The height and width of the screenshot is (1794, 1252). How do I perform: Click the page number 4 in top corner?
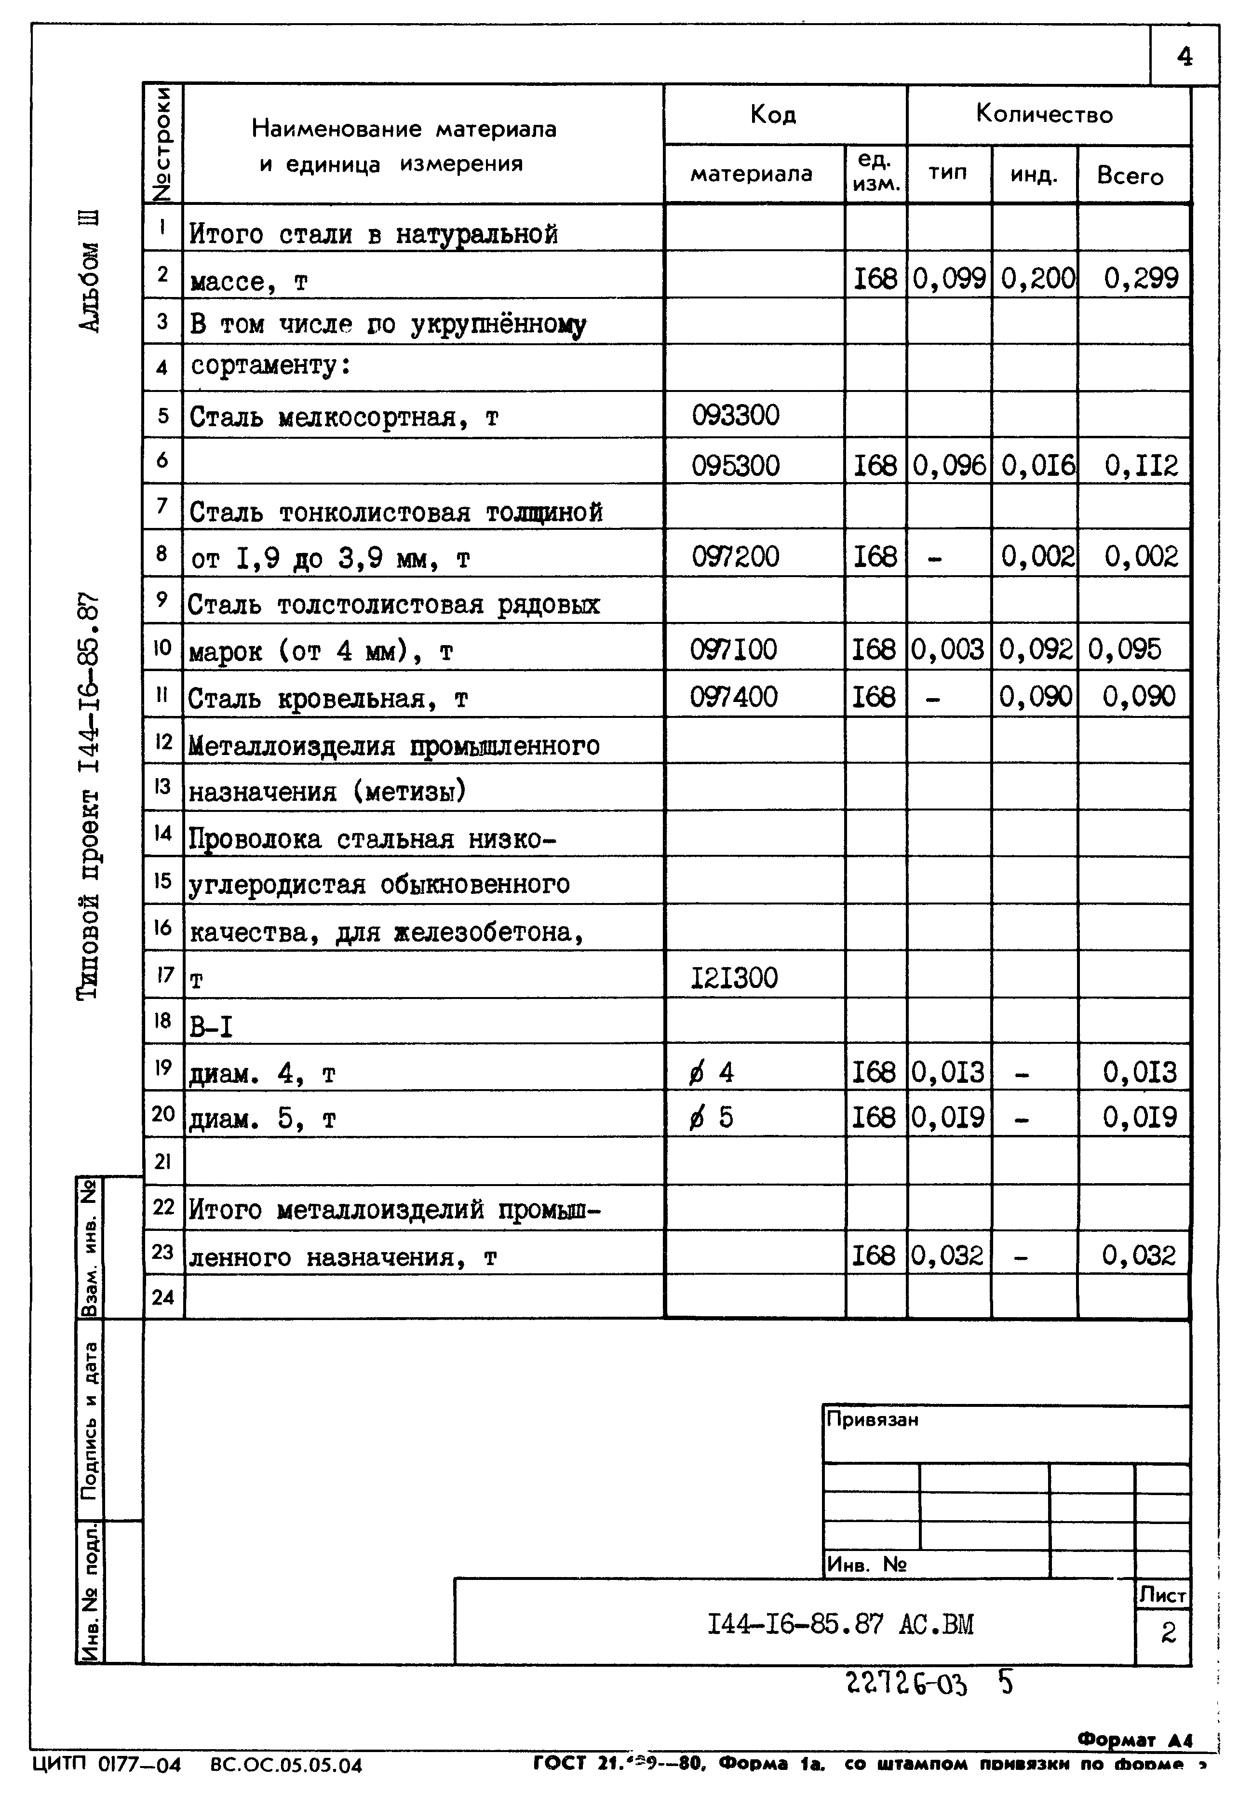[1184, 56]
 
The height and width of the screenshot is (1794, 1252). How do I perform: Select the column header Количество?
[1044, 114]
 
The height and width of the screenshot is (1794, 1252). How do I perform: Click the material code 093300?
[735, 415]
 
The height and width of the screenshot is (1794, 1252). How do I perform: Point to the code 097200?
[735, 556]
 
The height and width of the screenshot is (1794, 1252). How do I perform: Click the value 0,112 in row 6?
[1141, 466]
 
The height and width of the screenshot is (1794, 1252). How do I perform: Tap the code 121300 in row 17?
[734, 977]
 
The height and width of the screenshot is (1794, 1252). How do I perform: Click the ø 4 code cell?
[711, 1072]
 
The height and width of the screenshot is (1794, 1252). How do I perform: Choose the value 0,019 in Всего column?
[1140, 1118]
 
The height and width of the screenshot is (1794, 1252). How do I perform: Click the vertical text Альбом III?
[90, 270]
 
